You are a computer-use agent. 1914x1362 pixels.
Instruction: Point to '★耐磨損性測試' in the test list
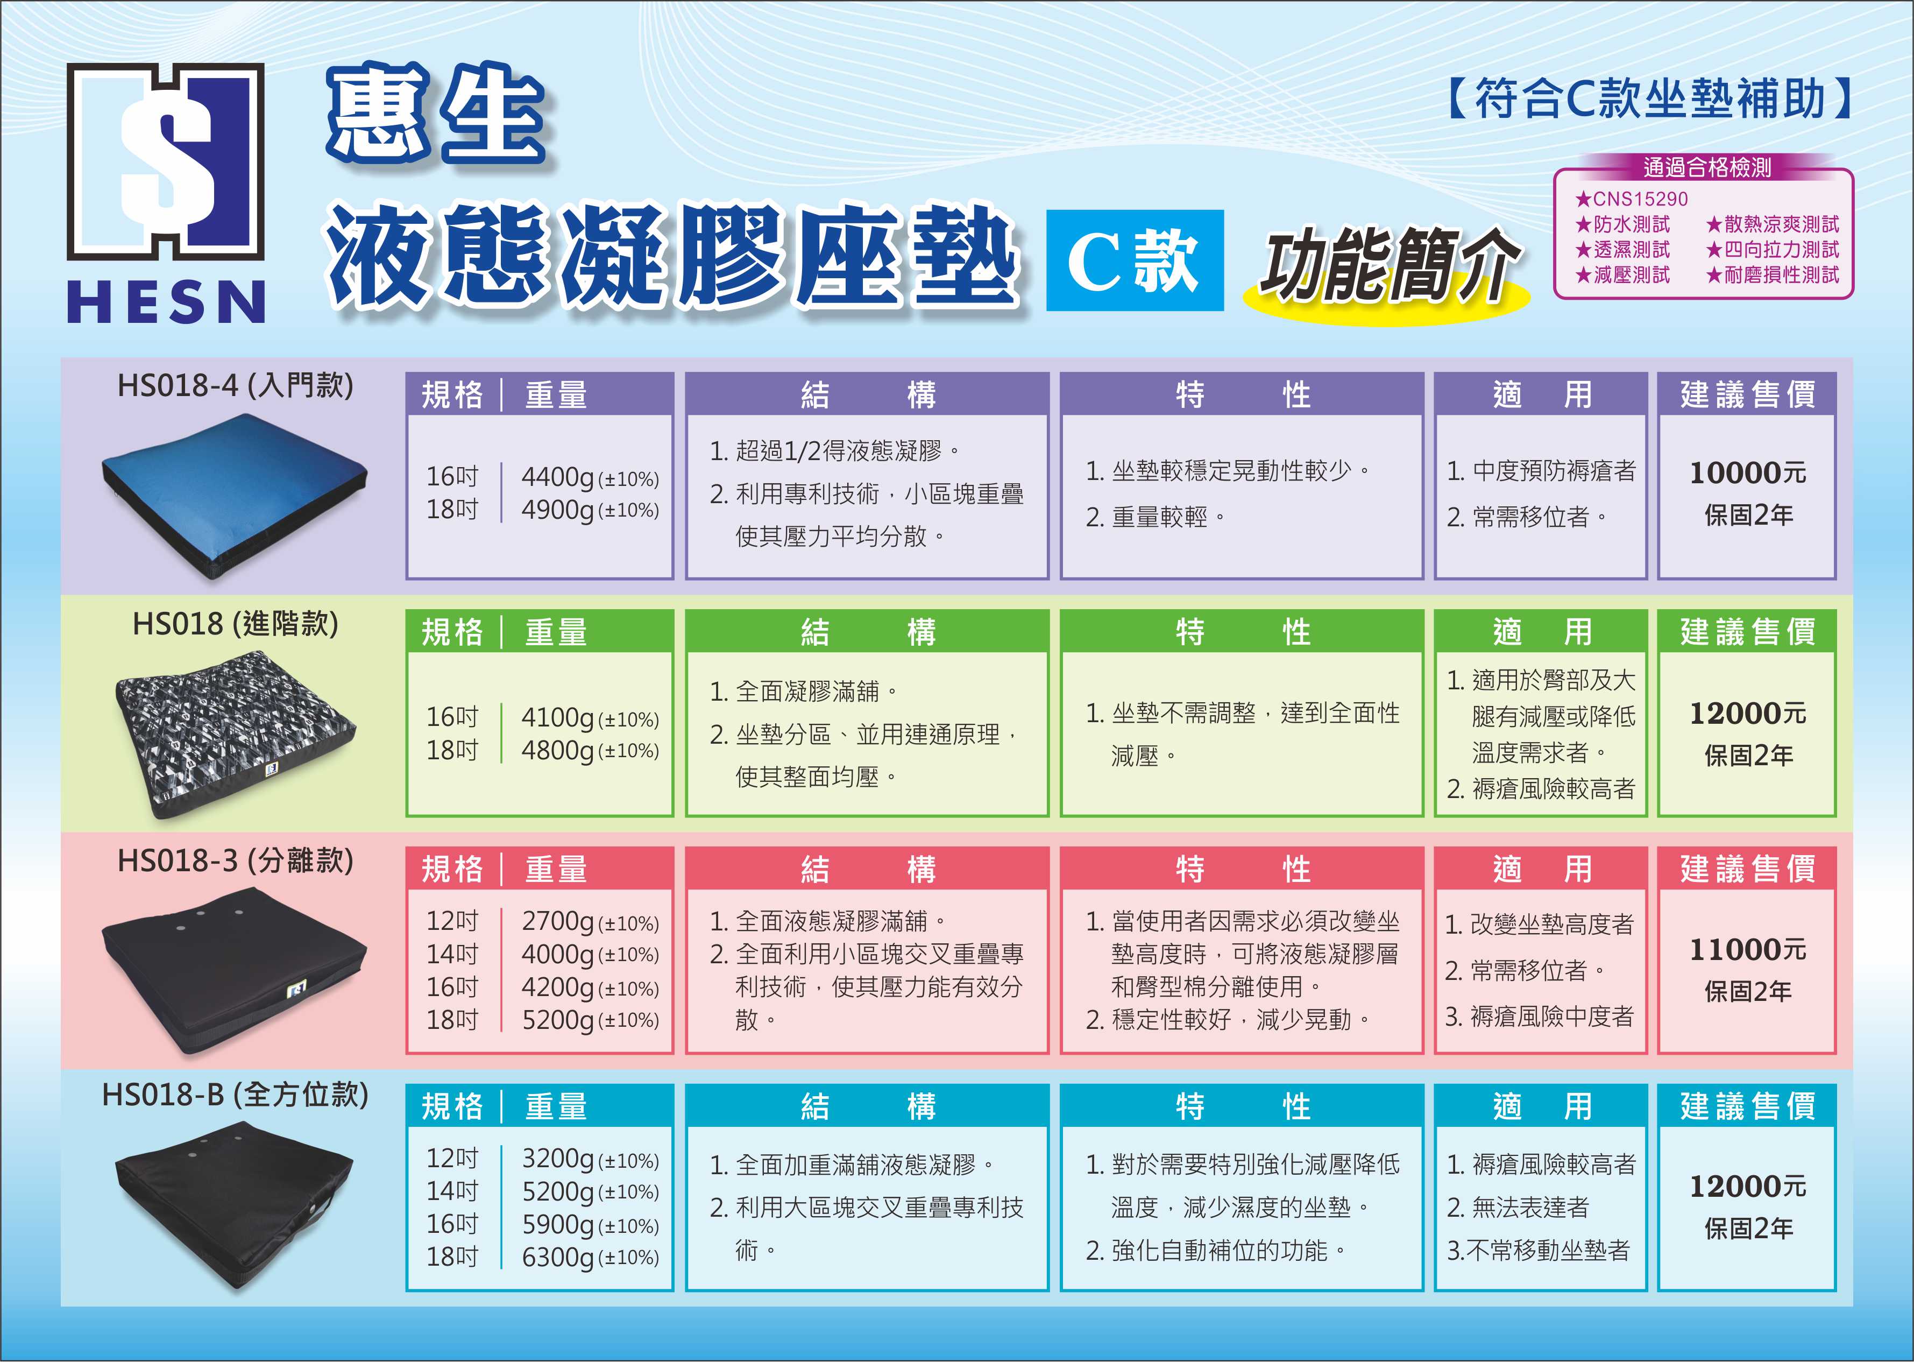click(1773, 274)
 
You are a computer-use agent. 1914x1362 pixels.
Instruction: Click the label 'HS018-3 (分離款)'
click(236, 860)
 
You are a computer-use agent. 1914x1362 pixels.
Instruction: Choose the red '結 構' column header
click(867, 869)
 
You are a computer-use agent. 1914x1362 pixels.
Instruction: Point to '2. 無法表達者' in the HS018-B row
click(1518, 1208)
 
